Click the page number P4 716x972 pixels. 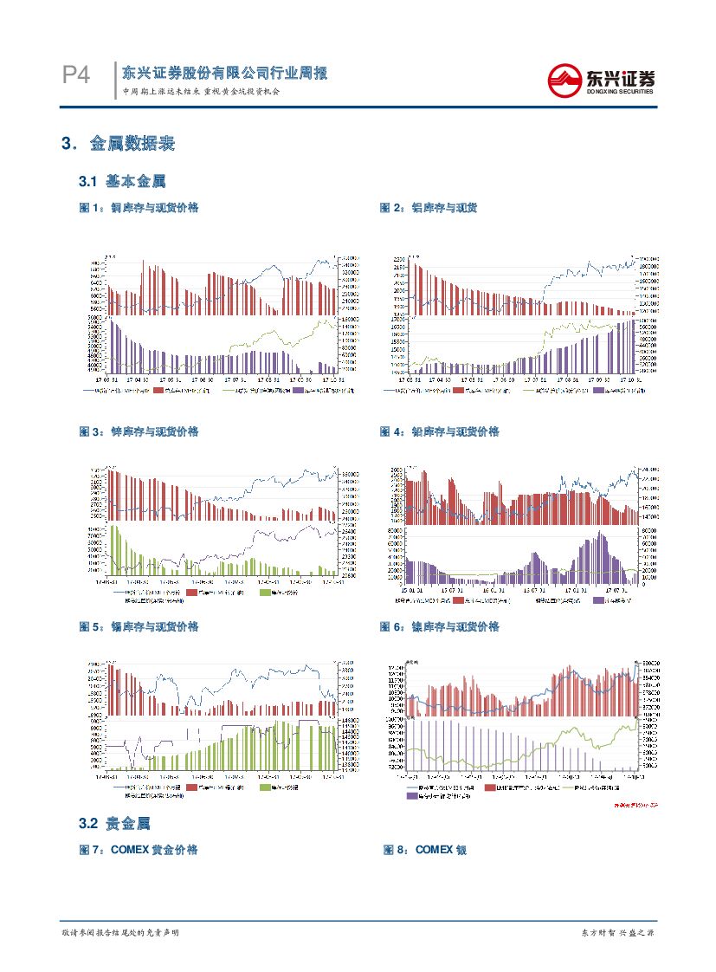76,76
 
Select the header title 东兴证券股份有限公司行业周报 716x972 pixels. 224,74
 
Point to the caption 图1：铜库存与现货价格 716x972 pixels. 139,208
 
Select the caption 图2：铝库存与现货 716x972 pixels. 429,208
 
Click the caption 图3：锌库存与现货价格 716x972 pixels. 139,431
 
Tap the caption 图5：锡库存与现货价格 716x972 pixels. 139,626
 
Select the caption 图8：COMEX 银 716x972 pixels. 425,851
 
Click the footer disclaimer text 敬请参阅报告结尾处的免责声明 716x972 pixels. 120,932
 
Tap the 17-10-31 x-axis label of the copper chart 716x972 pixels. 332,379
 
